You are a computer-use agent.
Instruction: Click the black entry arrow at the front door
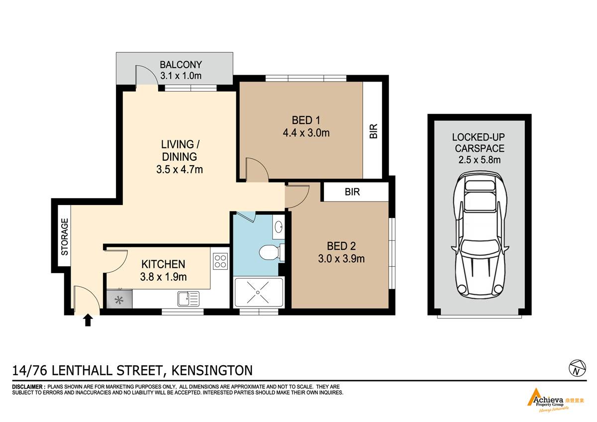[x=88, y=320]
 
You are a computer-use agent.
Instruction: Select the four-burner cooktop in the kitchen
[x=220, y=261]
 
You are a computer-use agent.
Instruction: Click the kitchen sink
[x=188, y=299]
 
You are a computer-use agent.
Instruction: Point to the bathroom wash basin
[x=279, y=227]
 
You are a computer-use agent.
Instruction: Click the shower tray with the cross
[x=258, y=293]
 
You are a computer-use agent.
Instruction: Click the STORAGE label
[x=65, y=237]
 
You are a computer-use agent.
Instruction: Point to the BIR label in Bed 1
[x=374, y=131]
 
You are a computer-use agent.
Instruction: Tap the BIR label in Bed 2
[x=352, y=192]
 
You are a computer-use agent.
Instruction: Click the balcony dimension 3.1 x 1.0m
[x=181, y=76]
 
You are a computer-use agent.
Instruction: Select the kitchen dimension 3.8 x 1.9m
[x=163, y=277]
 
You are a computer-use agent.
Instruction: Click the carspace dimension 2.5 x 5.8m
[x=480, y=160]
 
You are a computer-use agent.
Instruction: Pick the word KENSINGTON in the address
[x=212, y=370]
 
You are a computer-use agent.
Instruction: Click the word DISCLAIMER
[x=27, y=387]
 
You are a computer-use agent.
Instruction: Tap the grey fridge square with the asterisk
[x=119, y=300]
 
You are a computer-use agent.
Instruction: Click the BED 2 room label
[x=341, y=246]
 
